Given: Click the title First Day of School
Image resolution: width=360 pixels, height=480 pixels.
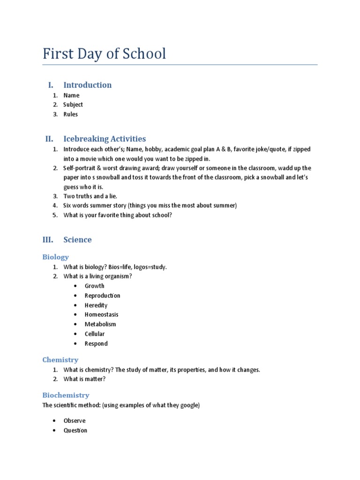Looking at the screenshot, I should (104, 54).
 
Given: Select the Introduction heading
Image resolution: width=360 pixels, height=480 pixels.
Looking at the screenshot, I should (87, 85).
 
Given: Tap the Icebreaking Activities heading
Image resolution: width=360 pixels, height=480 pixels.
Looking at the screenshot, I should (105, 139).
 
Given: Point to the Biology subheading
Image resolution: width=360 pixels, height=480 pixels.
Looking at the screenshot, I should (55, 257).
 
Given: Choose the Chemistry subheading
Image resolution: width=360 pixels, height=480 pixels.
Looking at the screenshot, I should (60, 360).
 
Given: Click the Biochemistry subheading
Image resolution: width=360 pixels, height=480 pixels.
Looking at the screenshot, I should (66, 395).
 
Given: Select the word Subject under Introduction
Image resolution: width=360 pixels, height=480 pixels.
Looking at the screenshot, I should (73, 105).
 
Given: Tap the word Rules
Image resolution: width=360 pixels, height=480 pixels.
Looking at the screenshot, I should (71, 114).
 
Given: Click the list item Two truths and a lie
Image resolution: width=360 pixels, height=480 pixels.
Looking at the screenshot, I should (90, 196).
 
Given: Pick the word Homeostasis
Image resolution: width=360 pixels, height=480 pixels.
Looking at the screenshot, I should (101, 315).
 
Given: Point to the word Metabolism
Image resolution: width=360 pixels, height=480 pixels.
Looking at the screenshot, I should (100, 324).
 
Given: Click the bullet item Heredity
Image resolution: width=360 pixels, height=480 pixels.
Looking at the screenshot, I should (96, 305).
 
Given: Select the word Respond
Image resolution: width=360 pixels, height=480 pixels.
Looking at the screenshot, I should (96, 344).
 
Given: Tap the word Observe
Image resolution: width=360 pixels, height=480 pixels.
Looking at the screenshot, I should (75, 420).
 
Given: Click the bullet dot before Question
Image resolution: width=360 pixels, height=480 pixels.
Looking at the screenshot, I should (55, 430).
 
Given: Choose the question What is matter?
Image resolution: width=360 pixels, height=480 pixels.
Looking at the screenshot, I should (84, 379).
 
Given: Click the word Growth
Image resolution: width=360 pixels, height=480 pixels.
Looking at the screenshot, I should (95, 286).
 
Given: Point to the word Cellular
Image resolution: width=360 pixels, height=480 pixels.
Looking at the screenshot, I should (95, 334).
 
